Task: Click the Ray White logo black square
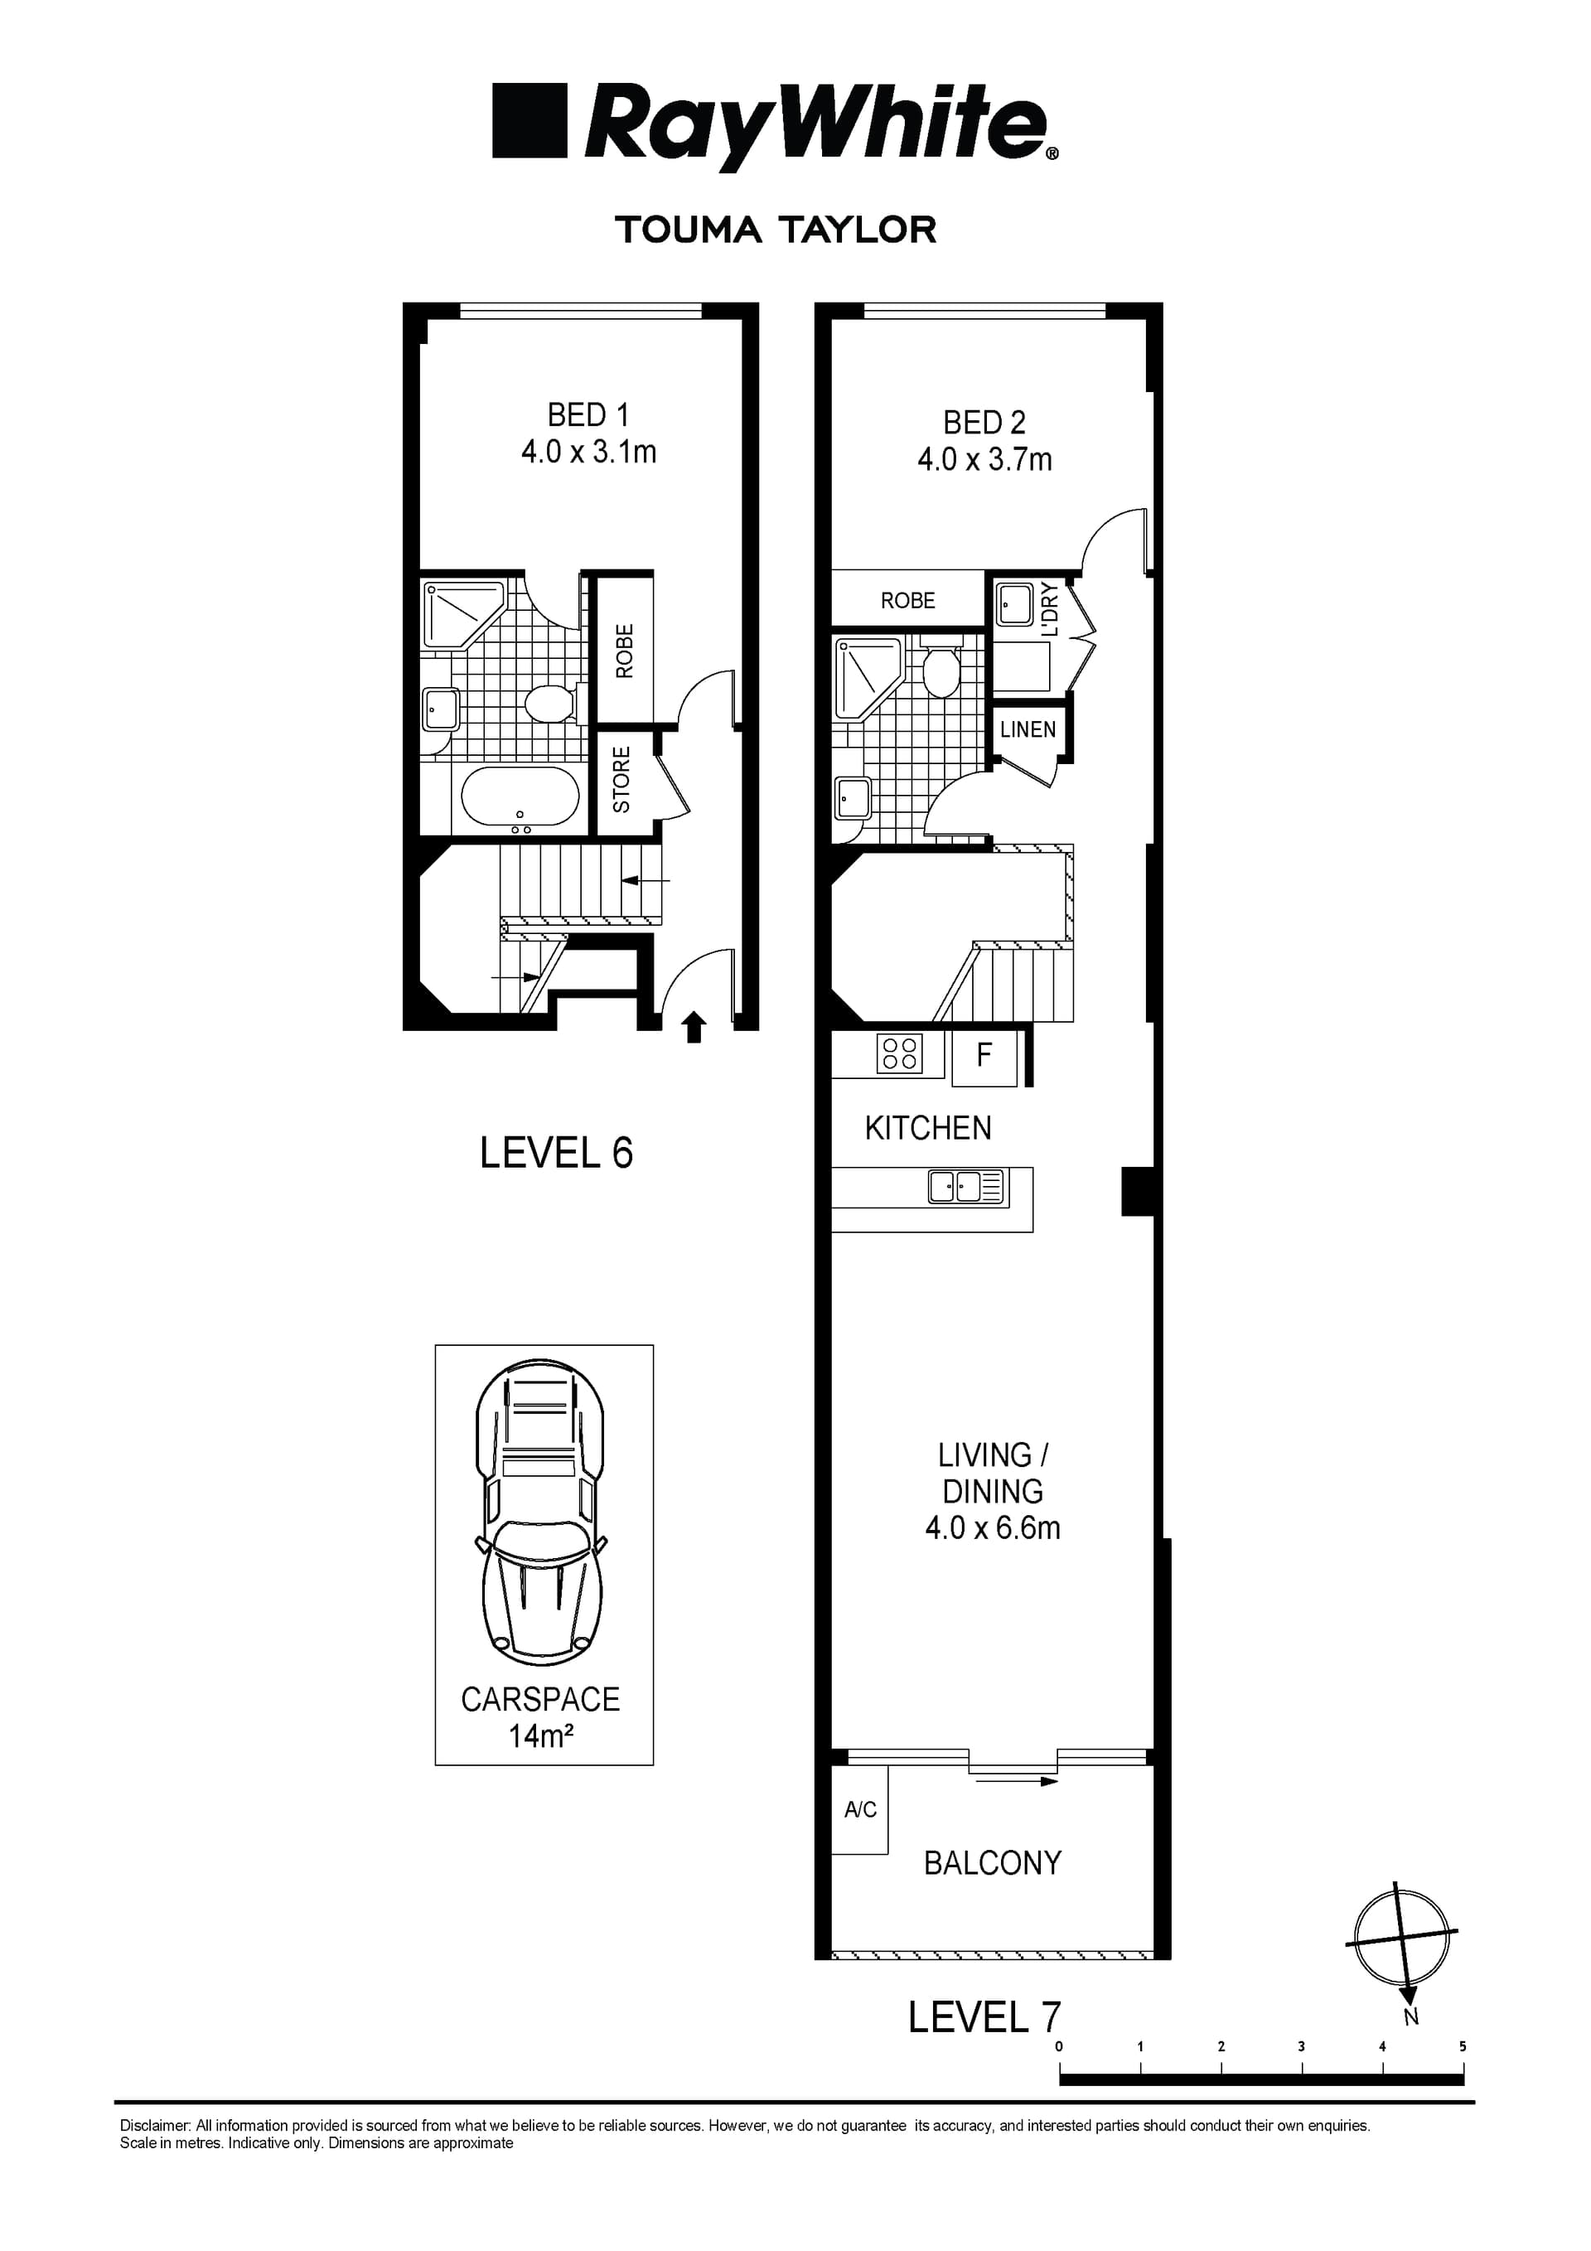tap(530, 121)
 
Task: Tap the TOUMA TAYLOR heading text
tap(776, 230)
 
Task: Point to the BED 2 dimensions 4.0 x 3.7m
tap(984, 460)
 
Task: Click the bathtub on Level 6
tap(520, 796)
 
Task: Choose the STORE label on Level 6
tap(621, 779)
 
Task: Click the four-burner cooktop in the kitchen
tap(900, 1054)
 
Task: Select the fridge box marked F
tap(984, 1055)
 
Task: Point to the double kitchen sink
tap(966, 1188)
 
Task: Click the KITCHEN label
tap(927, 1129)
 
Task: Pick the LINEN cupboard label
tap(1028, 729)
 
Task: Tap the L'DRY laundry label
tap(1050, 610)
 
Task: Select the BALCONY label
tap(992, 1863)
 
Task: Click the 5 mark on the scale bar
tap(1463, 2047)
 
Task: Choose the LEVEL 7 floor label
tap(984, 2017)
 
